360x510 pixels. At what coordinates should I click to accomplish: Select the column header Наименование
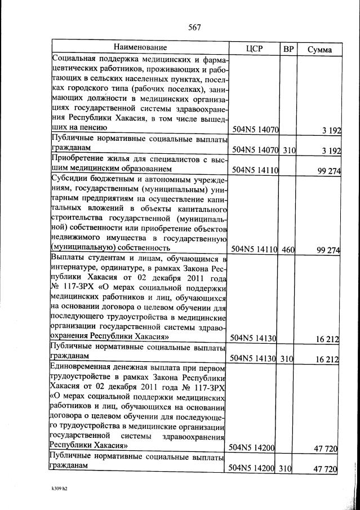coord(140,48)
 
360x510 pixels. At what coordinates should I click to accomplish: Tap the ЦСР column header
coord(255,49)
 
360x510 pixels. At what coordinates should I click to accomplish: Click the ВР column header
coord(288,49)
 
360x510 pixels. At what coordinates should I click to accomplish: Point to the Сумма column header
coord(319,50)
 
